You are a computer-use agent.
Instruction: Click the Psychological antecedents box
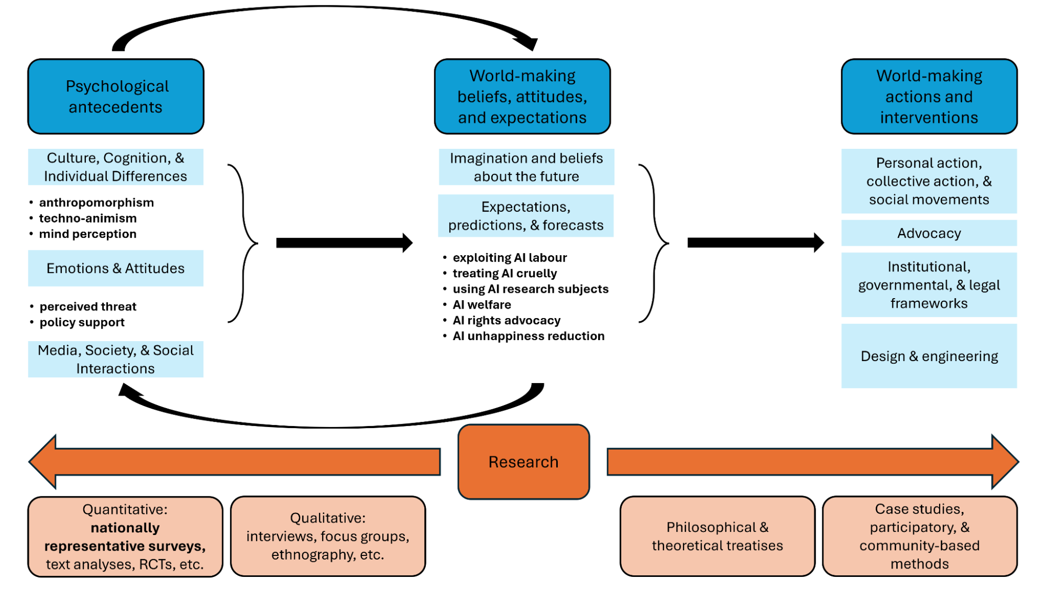tap(116, 96)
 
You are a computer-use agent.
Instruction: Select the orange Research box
tap(523, 462)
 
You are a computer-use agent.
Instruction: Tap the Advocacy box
tap(929, 233)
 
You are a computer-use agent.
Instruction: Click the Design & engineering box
tap(929, 356)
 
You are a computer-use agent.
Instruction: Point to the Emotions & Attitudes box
tap(116, 268)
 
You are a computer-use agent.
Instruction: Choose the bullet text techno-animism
tap(87, 218)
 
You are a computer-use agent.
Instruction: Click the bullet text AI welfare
tap(482, 305)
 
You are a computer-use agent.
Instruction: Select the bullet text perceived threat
tap(88, 307)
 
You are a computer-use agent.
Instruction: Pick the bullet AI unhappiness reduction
tap(528, 336)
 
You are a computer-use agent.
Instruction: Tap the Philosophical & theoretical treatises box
tap(717, 537)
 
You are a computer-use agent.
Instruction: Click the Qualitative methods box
tap(328, 537)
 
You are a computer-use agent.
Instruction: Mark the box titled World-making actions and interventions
tap(929, 96)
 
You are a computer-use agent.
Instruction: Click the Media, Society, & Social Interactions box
tap(116, 359)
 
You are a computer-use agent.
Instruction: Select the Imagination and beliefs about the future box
tap(526, 167)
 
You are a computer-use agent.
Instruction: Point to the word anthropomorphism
tap(96, 203)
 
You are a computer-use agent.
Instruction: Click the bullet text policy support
tap(82, 322)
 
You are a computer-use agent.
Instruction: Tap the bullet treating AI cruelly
tap(505, 274)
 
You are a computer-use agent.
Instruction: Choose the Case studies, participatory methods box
tap(919, 537)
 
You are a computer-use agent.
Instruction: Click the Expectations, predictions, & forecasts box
tap(526, 216)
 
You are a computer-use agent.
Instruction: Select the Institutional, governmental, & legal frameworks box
tap(929, 285)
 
